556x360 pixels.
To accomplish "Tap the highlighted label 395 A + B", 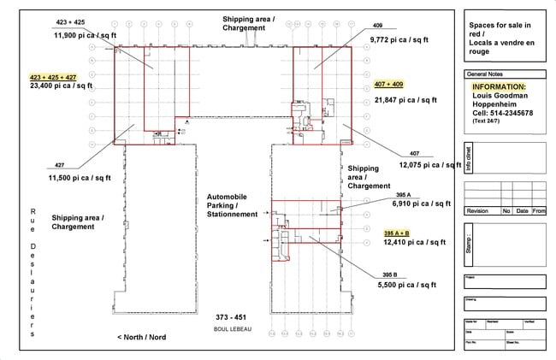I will pyautogui.click(x=396, y=233).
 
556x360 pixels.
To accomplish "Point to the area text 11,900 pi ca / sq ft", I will pyautogui.click(x=83, y=35).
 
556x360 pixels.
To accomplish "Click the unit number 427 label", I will pyautogui.click(x=60, y=166).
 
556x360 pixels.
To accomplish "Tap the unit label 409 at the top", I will pyautogui.click(x=377, y=26).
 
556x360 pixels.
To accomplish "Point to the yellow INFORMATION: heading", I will pyautogui.click(x=500, y=86).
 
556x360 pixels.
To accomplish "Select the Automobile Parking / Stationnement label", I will pyautogui.click(x=232, y=205).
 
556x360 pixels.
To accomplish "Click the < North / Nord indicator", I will pyautogui.click(x=153, y=338).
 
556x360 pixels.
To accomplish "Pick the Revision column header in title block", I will pyautogui.click(x=480, y=210).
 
